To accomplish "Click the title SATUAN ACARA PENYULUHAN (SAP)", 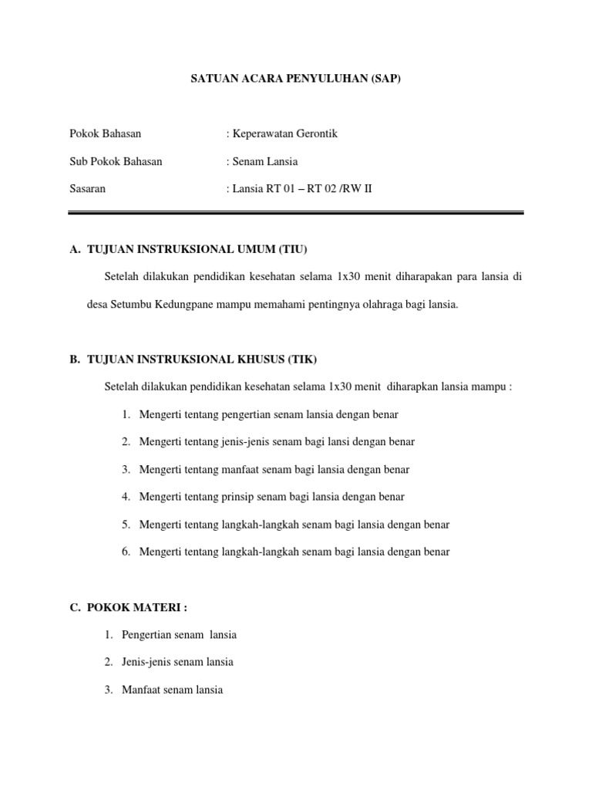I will (296, 79).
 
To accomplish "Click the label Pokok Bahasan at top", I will (106, 133).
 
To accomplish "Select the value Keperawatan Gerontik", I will (284, 133).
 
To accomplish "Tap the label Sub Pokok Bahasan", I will (116, 161).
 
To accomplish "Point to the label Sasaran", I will (87, 188).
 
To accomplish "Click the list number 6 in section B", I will (125, 552).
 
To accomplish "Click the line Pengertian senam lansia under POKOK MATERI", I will (179, 634).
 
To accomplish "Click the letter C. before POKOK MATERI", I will (75, 607).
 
